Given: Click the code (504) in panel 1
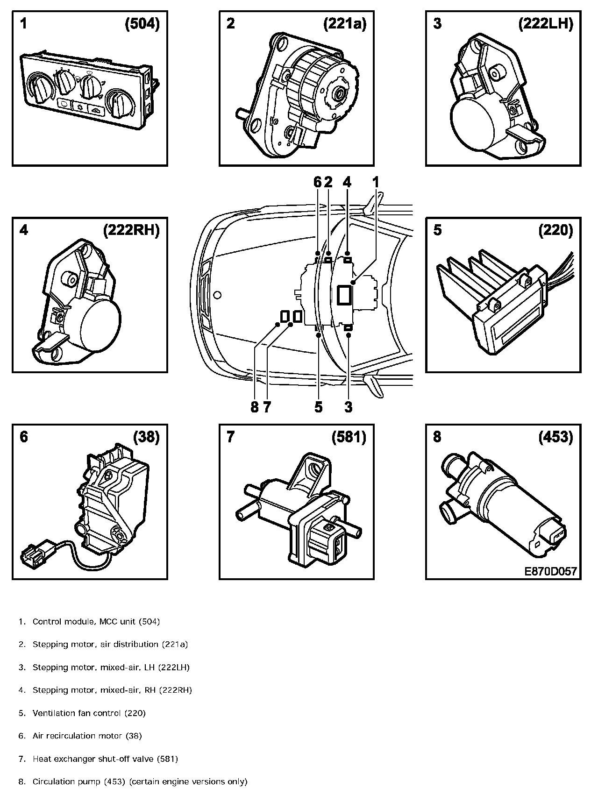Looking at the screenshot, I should tap(142, 24).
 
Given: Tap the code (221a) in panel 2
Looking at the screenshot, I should tap(345, 24).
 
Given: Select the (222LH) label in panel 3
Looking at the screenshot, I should tap(545, 24).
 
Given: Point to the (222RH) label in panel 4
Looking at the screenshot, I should tap(131, 231).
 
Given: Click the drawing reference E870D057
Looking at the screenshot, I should tap(550, 571).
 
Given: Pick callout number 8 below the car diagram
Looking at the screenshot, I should tap(254, 407).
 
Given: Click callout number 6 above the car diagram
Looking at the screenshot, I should tap(318, 183).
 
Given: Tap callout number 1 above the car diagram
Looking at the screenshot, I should tap(376, 183).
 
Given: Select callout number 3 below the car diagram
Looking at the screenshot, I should tap(348, 407).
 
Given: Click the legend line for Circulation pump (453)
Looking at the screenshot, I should tap(140, 781).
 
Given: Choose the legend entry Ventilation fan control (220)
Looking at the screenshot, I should tap(89, 713).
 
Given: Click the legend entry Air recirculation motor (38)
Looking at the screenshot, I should tap(87, 736).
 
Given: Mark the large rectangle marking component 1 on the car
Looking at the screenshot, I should tap(344, 296).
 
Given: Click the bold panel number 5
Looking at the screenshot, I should tap(437, 231).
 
